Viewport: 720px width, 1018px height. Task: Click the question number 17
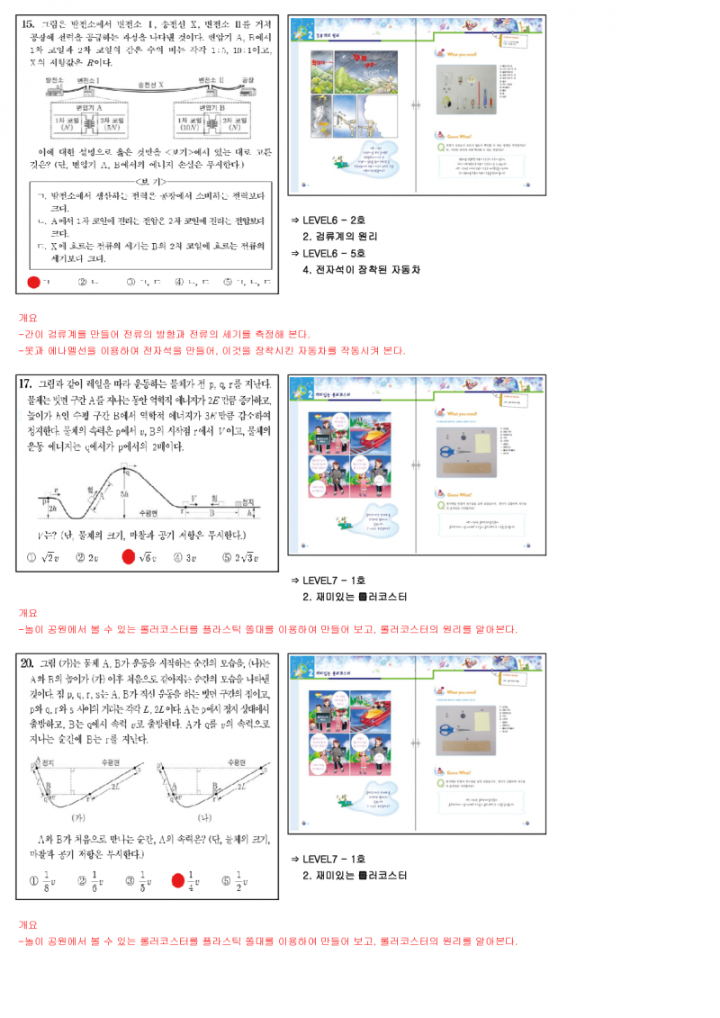29,384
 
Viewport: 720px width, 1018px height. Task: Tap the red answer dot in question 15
34,282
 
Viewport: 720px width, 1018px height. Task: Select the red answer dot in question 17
128,557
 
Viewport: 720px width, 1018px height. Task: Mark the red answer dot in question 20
177,880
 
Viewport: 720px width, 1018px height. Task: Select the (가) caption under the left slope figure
78,817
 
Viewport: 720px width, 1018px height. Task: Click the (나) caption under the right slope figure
210,817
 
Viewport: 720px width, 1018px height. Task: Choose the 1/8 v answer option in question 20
40,880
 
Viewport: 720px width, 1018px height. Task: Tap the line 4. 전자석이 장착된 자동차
361,269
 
